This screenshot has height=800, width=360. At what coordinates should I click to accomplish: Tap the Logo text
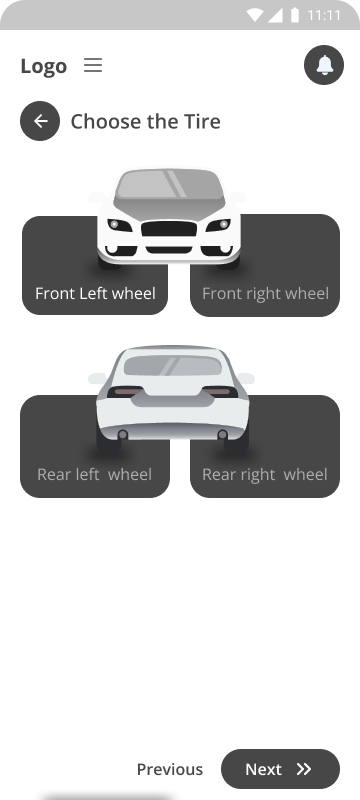point(43,66)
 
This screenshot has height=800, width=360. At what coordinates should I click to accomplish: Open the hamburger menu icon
point(93,65)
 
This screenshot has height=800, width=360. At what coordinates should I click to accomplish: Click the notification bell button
point(324,65)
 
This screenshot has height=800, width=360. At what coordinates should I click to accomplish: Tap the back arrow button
point(40,121)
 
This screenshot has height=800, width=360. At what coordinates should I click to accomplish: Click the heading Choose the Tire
point(145,121)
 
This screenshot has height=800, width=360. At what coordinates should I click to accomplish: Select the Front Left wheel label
point(95,293)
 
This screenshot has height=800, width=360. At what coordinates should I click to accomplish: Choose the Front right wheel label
point(265,294)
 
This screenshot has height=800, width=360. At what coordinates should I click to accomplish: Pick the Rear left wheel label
point(94,474)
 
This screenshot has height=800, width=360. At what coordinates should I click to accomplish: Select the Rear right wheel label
point(265,474)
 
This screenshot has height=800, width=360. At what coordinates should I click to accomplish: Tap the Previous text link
point(170,769)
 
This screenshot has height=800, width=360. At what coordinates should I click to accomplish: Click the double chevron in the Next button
point(304,769)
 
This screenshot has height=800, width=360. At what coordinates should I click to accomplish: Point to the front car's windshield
point(169,184)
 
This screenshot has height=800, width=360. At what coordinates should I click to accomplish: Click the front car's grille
point(169,229)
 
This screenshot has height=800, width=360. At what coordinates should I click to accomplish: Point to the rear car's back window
point(173,365)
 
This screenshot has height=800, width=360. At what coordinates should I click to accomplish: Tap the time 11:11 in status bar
point(324,15)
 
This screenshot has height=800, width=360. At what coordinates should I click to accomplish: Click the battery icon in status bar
point(295,15)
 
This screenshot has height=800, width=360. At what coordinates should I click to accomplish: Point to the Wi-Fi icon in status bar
point(254,15)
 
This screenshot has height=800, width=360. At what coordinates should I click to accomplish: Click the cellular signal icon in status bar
point(275,15)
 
